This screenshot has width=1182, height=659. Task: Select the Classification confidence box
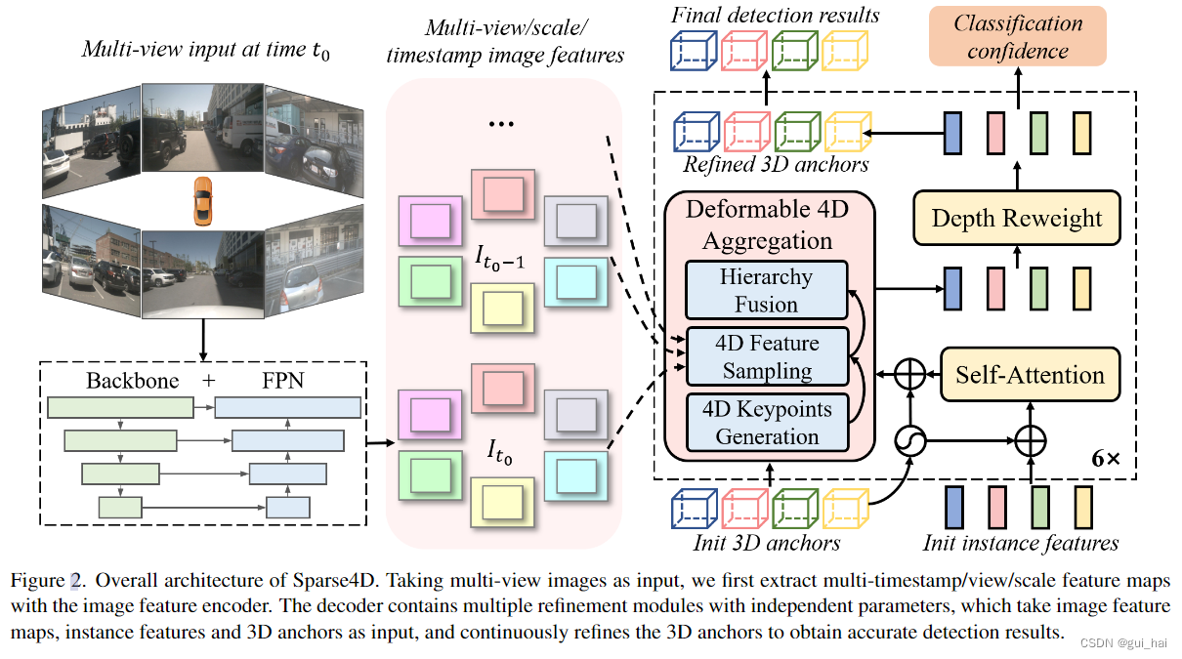(x=1018, y=36)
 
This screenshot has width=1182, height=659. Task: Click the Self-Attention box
(x=1030, y=375)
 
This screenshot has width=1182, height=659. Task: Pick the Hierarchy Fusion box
(x=766, y=290)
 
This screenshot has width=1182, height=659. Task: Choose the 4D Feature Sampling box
(x=766, y=356)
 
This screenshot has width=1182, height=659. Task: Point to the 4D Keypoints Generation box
(x=766, y=422)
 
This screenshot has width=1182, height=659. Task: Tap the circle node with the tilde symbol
(x=910, y=442)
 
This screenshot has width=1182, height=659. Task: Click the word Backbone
(x=132, y=381)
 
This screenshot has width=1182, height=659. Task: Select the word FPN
(x=282, y=381)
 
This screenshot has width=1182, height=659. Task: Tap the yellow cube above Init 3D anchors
(x=844, y=509)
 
